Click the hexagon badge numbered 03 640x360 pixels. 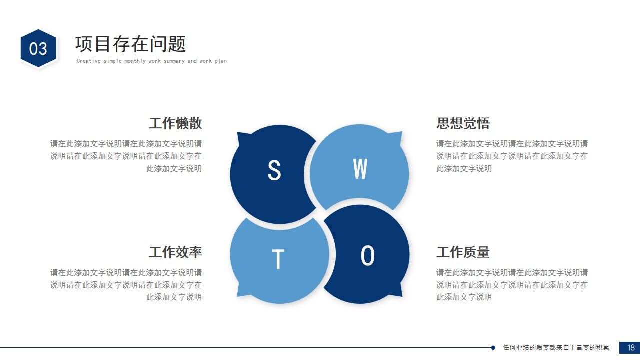tap(38, 48)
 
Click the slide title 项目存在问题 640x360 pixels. tap(130, 44)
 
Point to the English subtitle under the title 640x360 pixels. tap(151, 61)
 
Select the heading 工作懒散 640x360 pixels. tap(175, 123)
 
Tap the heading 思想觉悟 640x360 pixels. tap(463, 123)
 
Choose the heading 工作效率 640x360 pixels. tap(175, 252)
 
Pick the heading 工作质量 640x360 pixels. tap(463, 252)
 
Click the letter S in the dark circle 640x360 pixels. tap(274, 170)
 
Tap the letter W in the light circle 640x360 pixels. tap(360, 169)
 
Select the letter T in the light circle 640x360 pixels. tap(278, 259)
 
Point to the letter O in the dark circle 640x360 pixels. tap(367, 256)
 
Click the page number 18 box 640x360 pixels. tap(629, 348)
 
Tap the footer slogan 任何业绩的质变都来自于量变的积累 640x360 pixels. tap(556, 348)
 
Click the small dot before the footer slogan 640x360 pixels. tap(493, 348)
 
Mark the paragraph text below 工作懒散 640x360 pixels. tap(126, 156)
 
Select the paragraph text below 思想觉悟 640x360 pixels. tap(512, 156)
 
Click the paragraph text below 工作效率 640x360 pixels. tap(126, 285)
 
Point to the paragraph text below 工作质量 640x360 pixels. tap(512, 285)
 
